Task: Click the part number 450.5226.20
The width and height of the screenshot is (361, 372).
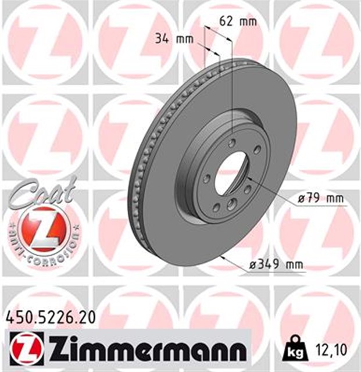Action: click(x=50, y=317)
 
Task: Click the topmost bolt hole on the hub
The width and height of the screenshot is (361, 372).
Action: click(x=233, y=144)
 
